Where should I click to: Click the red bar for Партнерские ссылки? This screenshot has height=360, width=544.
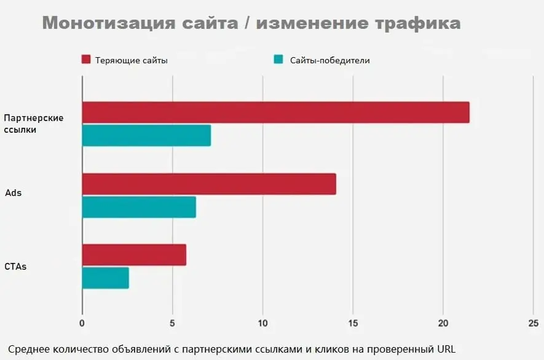275,112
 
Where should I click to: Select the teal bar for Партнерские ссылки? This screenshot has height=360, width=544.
146,135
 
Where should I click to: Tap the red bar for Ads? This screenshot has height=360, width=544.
209,184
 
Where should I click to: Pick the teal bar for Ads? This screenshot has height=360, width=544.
139,207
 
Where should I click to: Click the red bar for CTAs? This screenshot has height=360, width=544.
134,255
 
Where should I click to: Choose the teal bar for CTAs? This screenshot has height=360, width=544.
105,278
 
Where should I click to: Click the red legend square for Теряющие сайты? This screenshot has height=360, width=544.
86,60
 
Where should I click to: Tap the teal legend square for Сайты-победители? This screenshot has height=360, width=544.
278,60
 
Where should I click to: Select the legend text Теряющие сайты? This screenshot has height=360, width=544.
131,60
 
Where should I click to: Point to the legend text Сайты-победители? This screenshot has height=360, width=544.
330,60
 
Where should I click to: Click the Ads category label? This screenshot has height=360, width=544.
14,193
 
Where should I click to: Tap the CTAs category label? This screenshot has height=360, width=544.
16,267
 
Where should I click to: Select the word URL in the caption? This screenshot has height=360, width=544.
446,348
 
